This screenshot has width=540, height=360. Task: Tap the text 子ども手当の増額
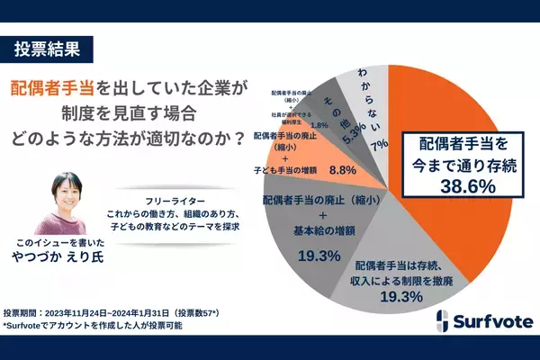coord(283,168)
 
